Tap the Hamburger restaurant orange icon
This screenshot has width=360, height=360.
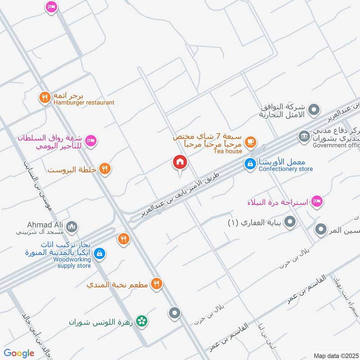(x=44, y=97)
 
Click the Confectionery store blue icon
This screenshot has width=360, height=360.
(x=249, y=165)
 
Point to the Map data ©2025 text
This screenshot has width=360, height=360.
(x=335, y=355)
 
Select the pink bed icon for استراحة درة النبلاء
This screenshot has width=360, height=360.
(x=317, y=201)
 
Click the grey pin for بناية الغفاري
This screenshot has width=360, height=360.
(x=290, y=222)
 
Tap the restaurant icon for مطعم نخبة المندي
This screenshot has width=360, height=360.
(x=156, y=283)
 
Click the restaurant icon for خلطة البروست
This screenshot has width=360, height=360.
(x=105, y=169)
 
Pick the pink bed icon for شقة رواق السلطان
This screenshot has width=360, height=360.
(x=90, y=141)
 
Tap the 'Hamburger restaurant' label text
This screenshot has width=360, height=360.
(x=84, y=103)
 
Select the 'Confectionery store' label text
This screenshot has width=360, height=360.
(x=286, y=169)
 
